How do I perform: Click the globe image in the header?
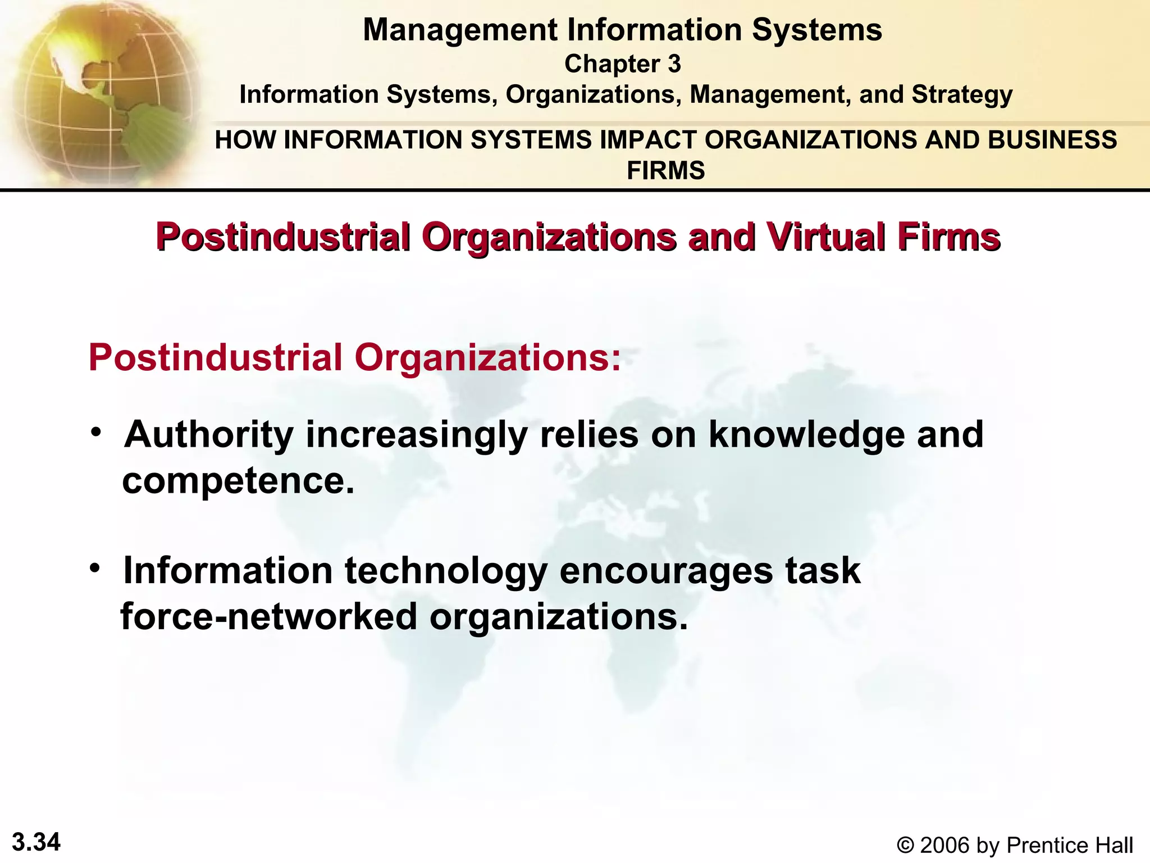[101, 93]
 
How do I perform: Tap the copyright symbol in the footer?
[905, 845]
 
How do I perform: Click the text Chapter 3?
[622, 64]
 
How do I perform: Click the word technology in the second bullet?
[446, 570]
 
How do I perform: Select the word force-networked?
[269, 616]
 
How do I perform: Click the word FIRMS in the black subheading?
[665, 170]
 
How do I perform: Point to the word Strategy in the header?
[962, 94]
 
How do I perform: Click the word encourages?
[666, 570]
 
